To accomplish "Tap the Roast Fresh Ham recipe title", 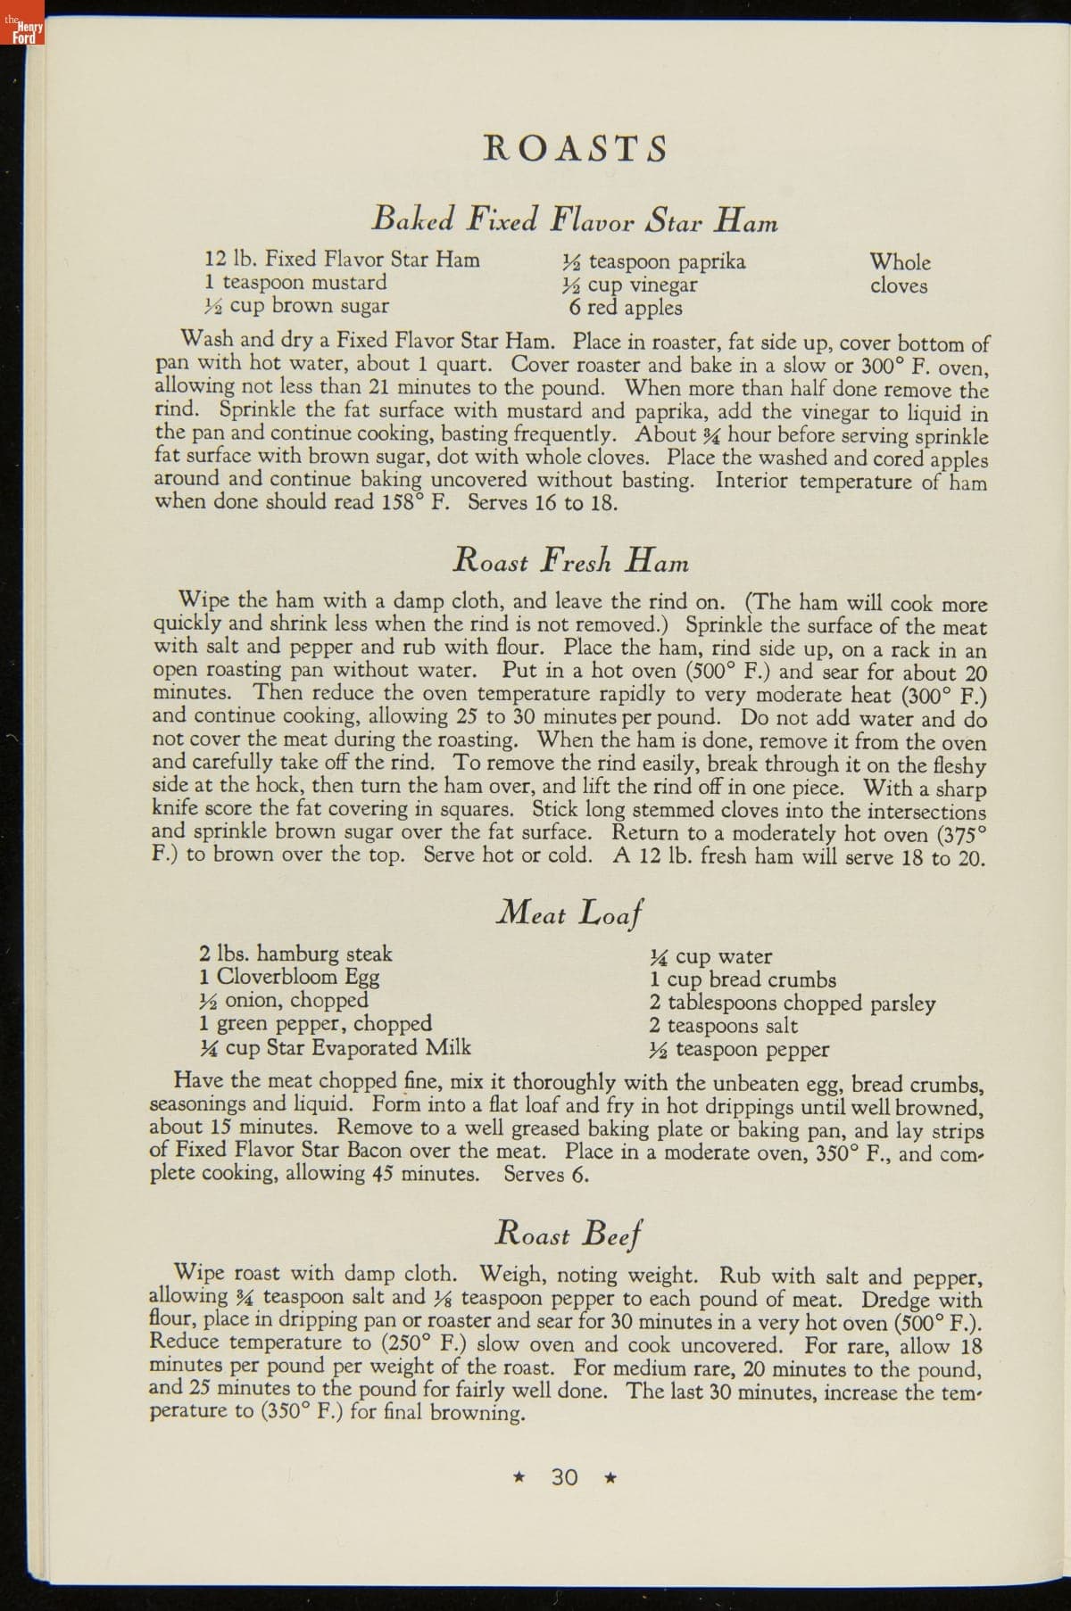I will tap(570, 560).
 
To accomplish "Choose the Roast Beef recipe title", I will tap(570, 1235).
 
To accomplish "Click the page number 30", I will tap(565, 1477).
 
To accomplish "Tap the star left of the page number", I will tap(519, 1478).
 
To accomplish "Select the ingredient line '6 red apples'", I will tap(626, 308).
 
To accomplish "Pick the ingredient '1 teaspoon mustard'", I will tap(295, 283).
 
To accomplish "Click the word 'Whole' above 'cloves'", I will tap(901, 262).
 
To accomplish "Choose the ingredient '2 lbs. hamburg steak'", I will tap(295, 954).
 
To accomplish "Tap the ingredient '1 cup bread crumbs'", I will tap(743, 979).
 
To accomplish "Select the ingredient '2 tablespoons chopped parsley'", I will tap(793, 1003).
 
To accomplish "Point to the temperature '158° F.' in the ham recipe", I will tap(414, 502).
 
